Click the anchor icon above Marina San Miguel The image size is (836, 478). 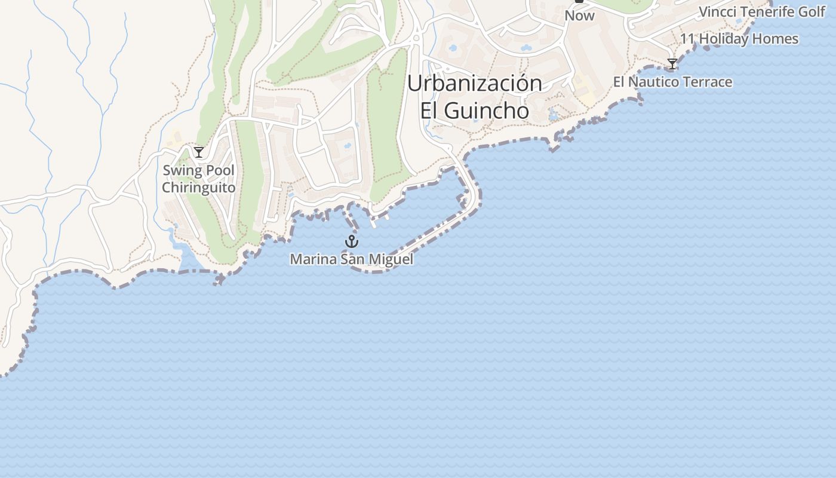coord(352,241)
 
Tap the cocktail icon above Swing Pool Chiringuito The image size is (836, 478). coord(199,152)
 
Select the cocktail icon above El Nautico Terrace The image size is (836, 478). coord(672,64)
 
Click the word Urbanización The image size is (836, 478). coord(475,84)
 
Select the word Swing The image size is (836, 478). coord(182,171)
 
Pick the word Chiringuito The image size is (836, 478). coord(199,188)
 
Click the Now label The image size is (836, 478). coord(580,16)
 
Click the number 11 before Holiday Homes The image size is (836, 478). coord(687,39)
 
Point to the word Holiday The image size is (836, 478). coord(723,39)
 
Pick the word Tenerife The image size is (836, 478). coord(766,11)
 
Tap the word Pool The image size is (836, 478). coord(220,171)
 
